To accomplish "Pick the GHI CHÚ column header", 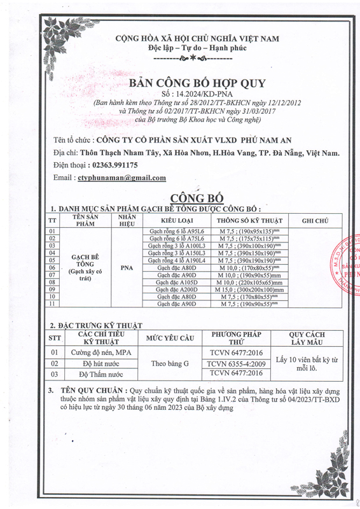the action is click(x=315, y=220).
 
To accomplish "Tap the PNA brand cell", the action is click(x=127, y=268).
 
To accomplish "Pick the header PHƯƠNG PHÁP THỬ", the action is click(x=236, y=337).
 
